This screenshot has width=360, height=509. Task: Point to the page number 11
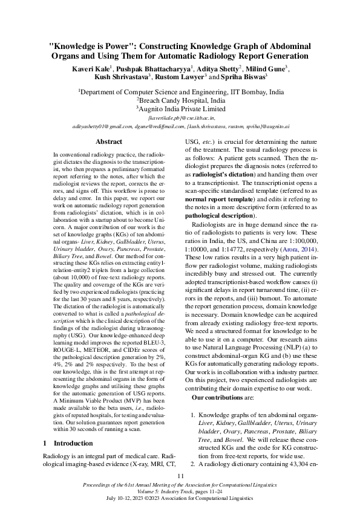pyautogui.click(x=180, y=477)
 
